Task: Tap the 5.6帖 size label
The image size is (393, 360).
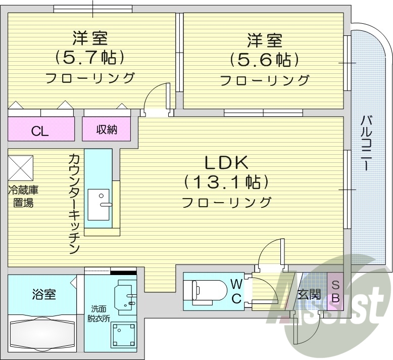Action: coord(264,60)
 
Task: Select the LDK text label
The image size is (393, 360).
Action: coord(226,163)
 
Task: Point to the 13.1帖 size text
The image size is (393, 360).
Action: coord(226,182)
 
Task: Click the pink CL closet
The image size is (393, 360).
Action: coord(40,131)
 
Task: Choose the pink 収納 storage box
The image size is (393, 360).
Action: coord(107,130)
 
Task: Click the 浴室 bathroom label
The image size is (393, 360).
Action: coord(43,294)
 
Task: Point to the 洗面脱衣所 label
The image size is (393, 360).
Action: coord(99,313)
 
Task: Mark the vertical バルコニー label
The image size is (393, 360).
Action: coord(367,144)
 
